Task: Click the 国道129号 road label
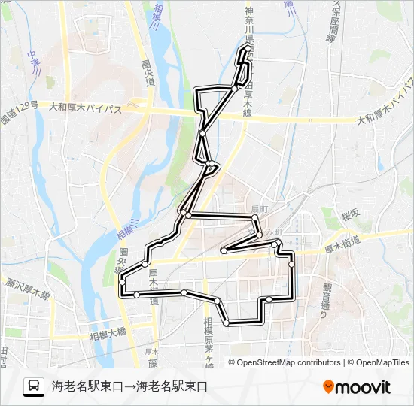(x=18, y=114)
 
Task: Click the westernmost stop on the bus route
(x=121, y=282)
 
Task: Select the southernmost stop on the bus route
(x=226, y=323)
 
